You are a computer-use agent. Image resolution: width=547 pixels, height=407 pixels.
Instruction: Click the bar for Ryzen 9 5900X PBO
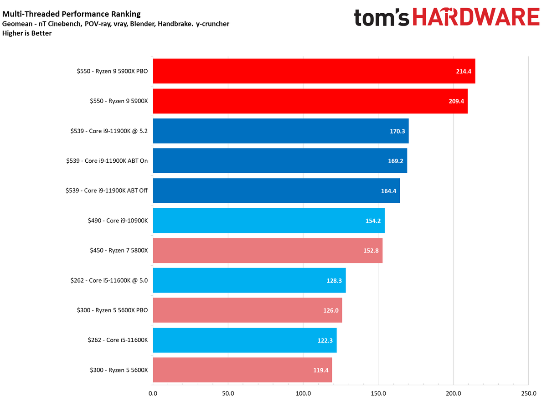(x=314, y=71)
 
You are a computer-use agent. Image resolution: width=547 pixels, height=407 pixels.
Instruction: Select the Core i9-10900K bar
(x=268, y=221)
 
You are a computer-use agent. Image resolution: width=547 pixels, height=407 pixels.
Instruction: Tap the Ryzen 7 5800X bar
(x=268, y=251)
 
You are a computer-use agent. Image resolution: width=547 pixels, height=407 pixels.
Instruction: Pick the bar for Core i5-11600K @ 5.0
(x=249, y=280)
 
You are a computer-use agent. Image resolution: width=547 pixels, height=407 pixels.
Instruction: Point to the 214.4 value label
(x=463, y=72)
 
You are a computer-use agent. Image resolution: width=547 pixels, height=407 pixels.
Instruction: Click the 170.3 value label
(x=396, y=131)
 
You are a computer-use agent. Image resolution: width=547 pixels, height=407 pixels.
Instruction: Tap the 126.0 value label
(x=330, y=310)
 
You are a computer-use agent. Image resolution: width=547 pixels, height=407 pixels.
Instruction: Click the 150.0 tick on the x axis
(x=378, y=393)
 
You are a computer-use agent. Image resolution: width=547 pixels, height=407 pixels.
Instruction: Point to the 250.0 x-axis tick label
(x=528, y=393)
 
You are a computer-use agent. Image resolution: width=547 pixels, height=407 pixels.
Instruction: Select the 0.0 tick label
(x=153, y=393)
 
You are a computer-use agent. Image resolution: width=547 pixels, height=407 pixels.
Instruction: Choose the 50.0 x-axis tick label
(x=228, y=393)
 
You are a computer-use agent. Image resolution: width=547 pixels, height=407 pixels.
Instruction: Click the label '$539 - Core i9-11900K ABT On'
(x=107, y=161)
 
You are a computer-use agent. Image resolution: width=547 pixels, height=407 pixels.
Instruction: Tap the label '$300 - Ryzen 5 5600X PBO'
(x=113, y=310)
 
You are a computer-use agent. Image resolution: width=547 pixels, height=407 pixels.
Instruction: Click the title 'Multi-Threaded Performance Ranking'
(x=72, y=14)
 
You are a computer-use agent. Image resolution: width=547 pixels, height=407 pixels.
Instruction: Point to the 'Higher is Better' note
(x=27, y=33)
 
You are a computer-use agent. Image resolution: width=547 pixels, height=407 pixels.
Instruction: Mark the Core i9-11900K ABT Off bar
(x=276, y=191)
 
